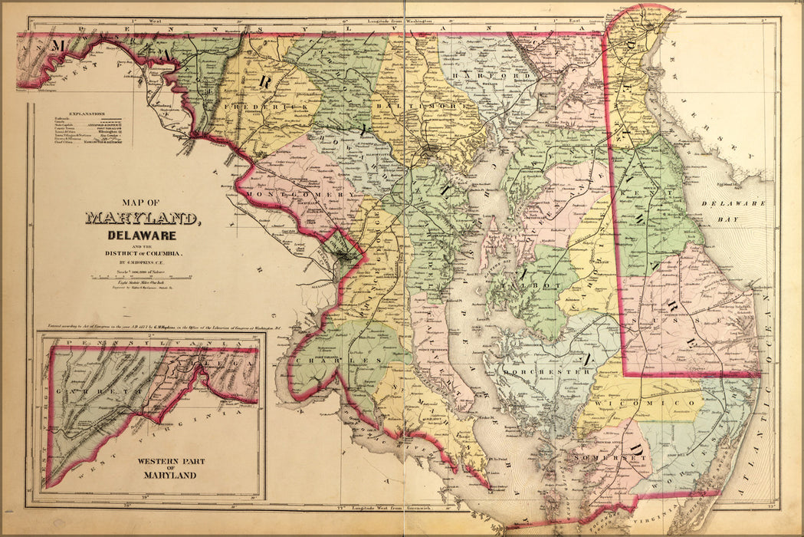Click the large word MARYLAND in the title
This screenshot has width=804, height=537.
[143, 219]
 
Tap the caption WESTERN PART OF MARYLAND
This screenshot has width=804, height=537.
[167, 468]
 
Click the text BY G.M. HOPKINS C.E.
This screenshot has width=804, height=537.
[143, 261]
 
